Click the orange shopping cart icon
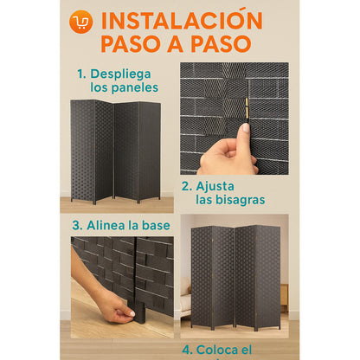coord(81,21)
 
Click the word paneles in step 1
coord(137,88)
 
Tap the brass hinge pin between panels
coord(244,107)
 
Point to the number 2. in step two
coord(187,185)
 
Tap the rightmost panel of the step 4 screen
coord(268,276)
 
